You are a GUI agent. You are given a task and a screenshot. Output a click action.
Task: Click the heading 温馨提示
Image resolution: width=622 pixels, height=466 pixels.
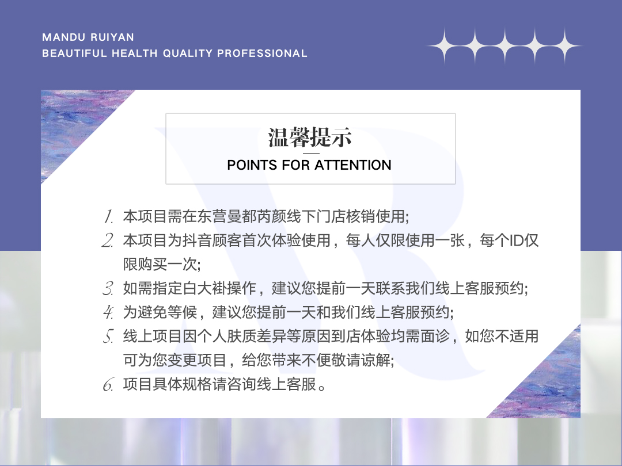(310, 137)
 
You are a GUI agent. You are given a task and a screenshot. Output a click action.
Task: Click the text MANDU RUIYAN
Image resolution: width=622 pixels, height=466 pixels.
(88, 37)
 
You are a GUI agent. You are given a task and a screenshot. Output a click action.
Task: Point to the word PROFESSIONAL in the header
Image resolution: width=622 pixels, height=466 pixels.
(262, 54)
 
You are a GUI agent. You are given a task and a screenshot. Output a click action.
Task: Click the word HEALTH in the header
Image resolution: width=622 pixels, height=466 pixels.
(134, 54)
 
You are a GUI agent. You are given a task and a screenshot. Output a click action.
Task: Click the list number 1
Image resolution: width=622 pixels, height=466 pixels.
(108, 216)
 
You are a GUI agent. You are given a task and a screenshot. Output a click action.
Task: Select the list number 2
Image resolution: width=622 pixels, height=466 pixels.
(108, 240)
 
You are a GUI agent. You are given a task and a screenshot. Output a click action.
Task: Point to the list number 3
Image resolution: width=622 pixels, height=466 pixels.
(108, 288)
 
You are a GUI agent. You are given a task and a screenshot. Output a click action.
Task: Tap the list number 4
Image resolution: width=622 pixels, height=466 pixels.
(108, 312)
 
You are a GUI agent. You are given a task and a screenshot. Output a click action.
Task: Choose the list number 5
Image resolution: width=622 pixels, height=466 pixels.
(108, 336)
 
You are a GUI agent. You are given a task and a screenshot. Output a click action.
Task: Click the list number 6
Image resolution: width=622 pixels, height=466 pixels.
(108, 384)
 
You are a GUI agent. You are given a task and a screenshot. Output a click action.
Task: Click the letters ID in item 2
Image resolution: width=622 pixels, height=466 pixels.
(517, 240)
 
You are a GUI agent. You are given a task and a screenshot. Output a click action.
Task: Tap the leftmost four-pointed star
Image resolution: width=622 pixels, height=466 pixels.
(445, 47)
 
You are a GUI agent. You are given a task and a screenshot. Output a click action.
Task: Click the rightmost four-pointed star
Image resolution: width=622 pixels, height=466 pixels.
(565, 47)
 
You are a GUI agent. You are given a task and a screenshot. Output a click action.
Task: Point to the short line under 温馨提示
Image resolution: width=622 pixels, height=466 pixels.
(311, 153)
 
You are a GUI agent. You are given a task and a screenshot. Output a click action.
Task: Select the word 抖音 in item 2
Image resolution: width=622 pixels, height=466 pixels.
(197, 240)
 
